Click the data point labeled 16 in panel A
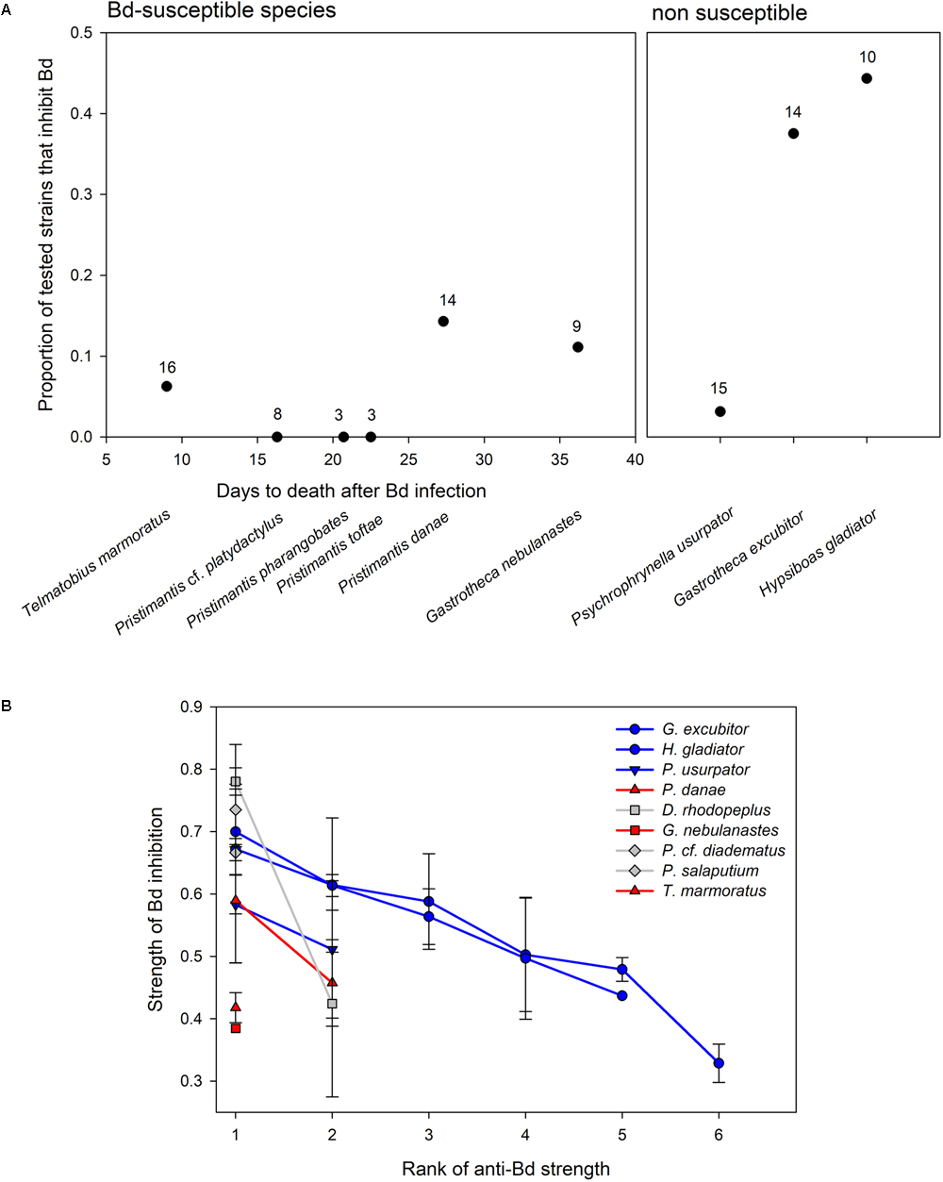click(167, 386)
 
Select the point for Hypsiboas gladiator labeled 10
click(867, 78)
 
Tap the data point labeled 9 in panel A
click(577, 347)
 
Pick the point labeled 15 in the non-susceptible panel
click(720, 411)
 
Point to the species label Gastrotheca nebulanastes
click(504, 567)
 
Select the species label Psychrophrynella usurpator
click(653, 566)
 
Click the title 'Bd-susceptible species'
click(222, 11)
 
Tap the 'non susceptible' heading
click(729, 13)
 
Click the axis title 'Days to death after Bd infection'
click(351, 491)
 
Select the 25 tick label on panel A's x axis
click(408, 459)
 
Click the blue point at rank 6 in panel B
click(719, 1063)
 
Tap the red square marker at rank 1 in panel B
click(236, 1028)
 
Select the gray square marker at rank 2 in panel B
click(332, 1004)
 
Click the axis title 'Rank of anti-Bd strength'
click(505, 1169)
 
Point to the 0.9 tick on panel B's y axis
click(190, 707)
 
